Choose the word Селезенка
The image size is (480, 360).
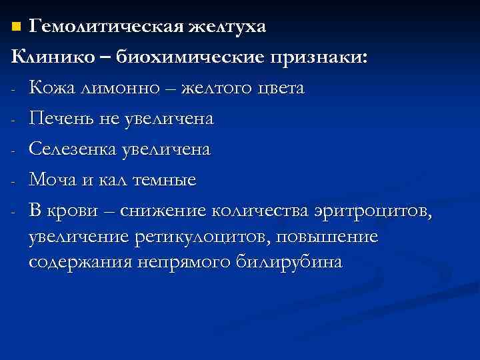tap(71, 150)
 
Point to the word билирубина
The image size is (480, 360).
tap(299, 263)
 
